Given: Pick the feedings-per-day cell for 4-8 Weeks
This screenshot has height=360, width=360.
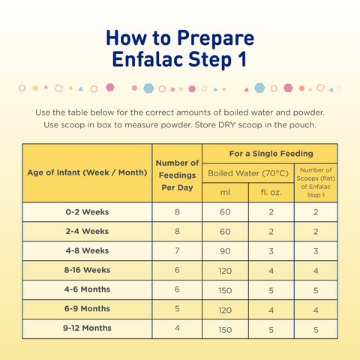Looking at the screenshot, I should coord(177,251).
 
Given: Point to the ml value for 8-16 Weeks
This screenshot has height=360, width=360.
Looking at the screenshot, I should coord(225,271).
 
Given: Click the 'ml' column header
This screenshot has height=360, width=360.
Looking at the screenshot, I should coord(225,192).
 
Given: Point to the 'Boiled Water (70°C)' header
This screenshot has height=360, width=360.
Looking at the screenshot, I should coord(247,173).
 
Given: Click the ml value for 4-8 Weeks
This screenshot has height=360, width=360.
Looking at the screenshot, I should coord(225,251).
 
